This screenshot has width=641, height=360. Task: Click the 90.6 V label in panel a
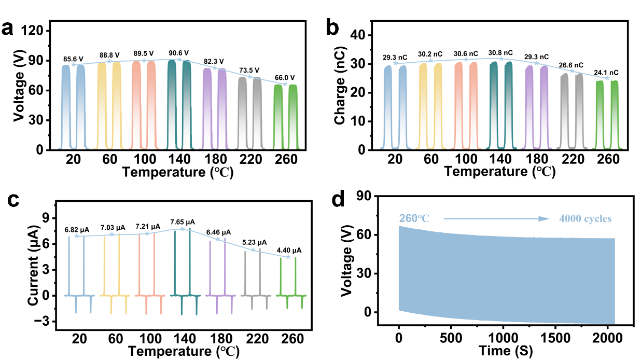178,53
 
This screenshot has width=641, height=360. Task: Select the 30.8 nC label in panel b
501,53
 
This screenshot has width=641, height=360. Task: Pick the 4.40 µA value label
288,251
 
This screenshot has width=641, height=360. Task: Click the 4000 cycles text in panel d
585,219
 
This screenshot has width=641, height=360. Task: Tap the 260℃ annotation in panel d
414,219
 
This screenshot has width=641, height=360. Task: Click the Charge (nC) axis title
341,92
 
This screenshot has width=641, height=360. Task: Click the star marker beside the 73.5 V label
250,77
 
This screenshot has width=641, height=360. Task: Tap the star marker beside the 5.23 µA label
253,250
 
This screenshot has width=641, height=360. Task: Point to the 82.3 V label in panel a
214,61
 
